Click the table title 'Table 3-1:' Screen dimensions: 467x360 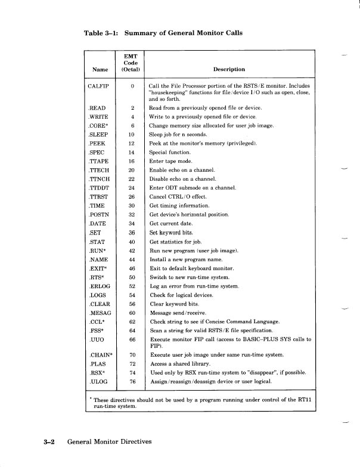pos(102,33)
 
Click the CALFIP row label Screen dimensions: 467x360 pos(99,86)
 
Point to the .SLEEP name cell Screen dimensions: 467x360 pos(98,135)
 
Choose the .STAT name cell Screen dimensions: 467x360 pos(97,242)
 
